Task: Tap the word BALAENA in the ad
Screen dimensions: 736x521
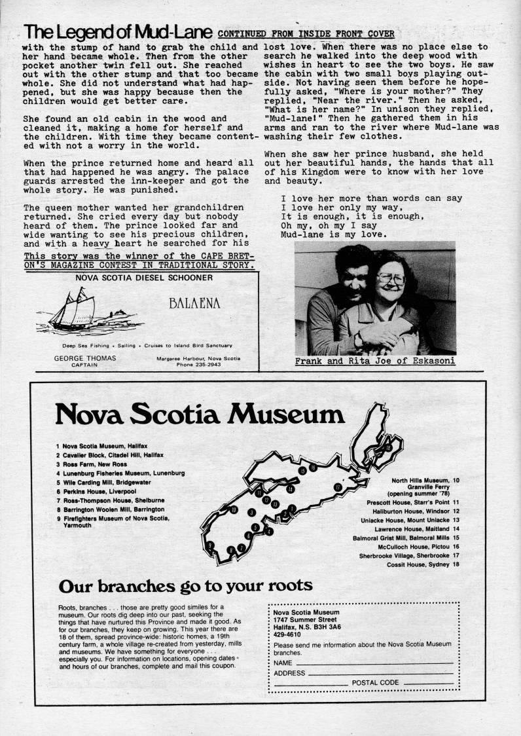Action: pos(194,303)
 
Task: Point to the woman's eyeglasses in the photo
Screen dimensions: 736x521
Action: pos(391,278)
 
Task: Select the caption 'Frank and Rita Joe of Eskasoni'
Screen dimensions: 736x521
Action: pos(375,361)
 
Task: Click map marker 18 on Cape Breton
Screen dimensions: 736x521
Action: pos(388,447)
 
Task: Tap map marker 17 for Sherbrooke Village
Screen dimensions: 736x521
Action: pos(338,487)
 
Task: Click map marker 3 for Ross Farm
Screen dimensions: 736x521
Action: pos(251,512)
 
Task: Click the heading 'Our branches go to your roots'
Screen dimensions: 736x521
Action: pos(185,585)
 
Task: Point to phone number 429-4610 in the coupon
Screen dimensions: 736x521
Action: pos(287,635)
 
